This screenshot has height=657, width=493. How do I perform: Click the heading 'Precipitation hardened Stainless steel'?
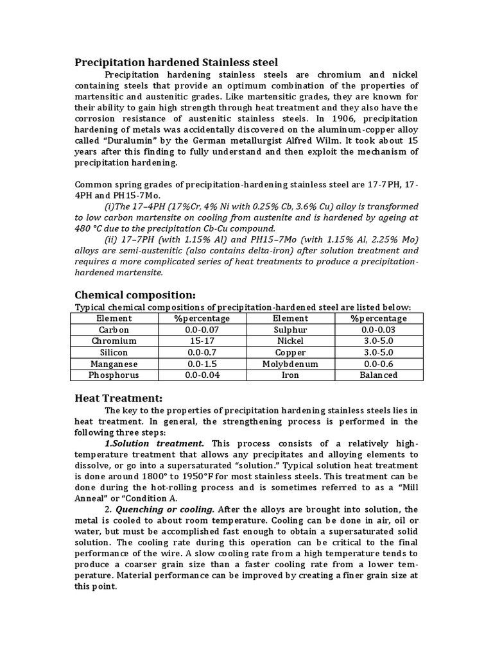(x=177, y=62)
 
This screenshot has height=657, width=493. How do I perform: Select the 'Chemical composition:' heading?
(x=135, y=294)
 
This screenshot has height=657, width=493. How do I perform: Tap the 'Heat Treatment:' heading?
(x=119, y=398)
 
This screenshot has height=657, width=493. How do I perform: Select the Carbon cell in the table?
(x=114, y=330)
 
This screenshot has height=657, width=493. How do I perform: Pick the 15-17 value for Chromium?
(x=202, y=341)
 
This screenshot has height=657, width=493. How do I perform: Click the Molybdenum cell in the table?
(x=290, y=364)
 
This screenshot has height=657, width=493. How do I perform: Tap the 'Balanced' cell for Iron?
(x=378, y=375)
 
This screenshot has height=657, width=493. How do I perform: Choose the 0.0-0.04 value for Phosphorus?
(x=202, y=375)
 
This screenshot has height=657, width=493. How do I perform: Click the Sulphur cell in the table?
(x=290, y=330)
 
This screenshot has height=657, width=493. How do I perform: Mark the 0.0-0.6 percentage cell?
(x=378, y=364)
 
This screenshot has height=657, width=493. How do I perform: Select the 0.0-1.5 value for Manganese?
(x=202, y=364)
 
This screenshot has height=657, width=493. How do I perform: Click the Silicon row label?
(x=114, y=352)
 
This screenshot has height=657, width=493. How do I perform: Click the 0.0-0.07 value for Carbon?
(x=202, y=330)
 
